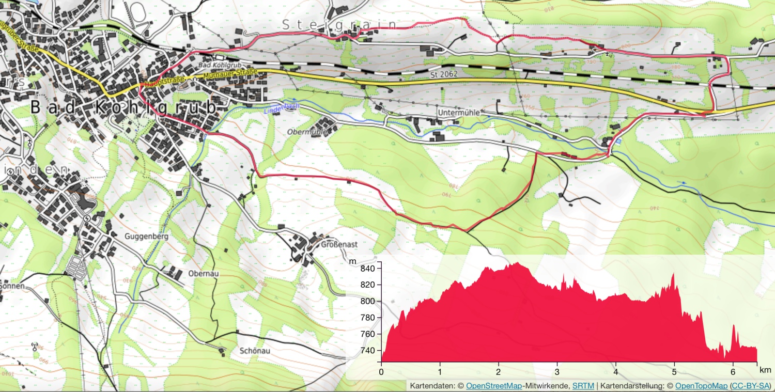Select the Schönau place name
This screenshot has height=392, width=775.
pyautogui.click(x=255, y=350)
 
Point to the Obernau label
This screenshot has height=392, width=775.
pyautogui.click(x=205, y=273)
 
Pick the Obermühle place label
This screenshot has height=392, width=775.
pyautogui.click(x=307, y=132)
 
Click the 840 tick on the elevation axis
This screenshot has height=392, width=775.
pyautogui.click(x=367, y=269)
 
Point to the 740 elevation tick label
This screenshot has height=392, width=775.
pyautogui.click(x=367, y=351)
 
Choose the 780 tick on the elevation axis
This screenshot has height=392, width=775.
pyautogui.click(x=367, y=318)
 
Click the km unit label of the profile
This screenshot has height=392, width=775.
pyautogui.click(x=765, y=370)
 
